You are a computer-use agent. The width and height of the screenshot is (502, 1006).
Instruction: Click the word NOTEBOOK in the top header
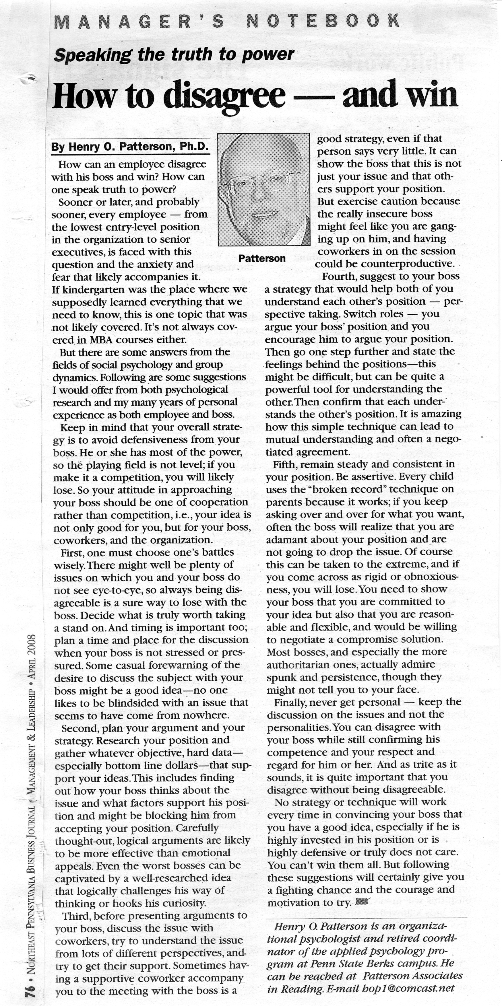pos(323,21)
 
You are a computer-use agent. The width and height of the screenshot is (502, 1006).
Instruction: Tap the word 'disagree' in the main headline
pos(225,96)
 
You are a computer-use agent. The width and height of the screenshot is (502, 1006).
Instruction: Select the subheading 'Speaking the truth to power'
pos(174,55)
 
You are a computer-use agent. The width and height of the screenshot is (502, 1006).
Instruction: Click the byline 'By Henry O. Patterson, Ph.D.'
pos(130,147)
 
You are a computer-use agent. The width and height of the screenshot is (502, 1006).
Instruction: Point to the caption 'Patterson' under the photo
pos(262,258)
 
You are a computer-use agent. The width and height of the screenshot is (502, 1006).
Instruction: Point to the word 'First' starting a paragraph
pos(71,552)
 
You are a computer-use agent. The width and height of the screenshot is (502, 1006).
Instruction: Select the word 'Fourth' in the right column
pos(339,277)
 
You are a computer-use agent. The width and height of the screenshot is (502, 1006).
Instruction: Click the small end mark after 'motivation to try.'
pos(363,902)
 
